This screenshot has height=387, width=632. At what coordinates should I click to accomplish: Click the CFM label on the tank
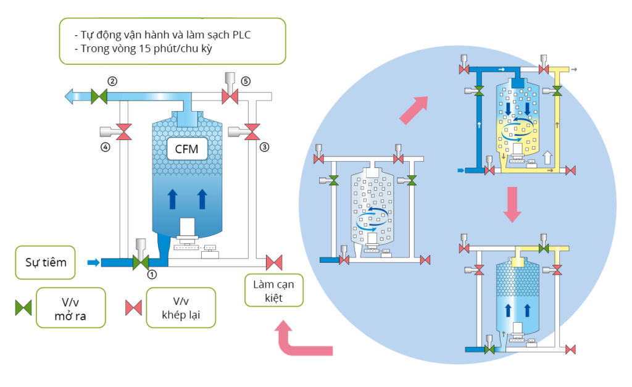coord(187,148)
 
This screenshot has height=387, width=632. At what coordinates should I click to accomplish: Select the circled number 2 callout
coord(112,81)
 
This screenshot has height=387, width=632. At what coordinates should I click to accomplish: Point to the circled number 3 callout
coord(264,147)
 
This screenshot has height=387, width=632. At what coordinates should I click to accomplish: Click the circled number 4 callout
coord(106,147)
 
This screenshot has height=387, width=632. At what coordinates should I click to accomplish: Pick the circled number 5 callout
coord(246,81)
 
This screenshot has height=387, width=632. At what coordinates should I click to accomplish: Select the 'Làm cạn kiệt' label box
coord(273,291)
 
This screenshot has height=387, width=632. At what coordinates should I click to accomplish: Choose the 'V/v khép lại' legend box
coord(180,307)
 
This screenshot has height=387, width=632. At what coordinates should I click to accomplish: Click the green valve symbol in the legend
coord(23,307)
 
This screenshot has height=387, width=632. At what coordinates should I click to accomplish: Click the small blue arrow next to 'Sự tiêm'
coord(93,263)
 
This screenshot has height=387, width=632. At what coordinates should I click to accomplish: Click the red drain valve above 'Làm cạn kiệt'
coord(273,262)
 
